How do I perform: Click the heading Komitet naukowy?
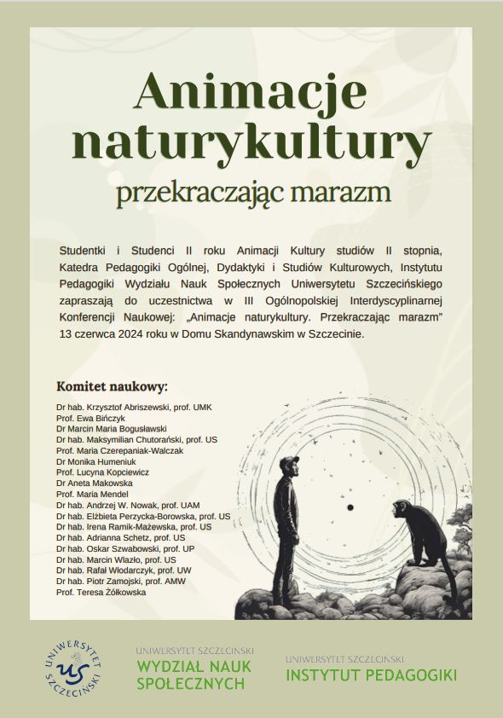pyautogui.click(x=112, y=385)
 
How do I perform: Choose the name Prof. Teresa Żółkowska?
pyautogui.click(x=101, y=592)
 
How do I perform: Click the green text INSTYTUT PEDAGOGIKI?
pyautogui.click(x=371, y=675)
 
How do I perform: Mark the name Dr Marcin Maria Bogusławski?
pyautogui.click(x=111, y=429)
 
